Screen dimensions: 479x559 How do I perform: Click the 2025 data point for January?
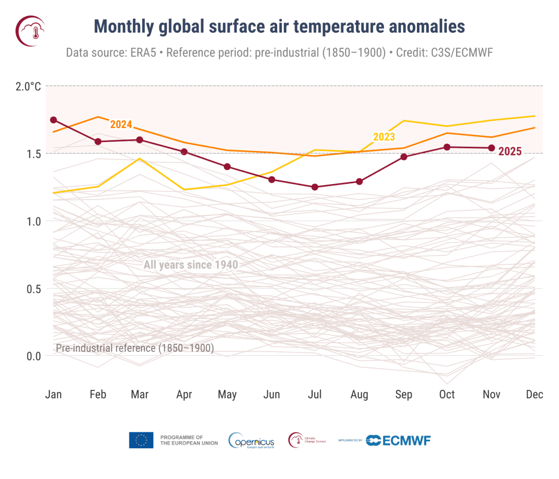pos(54,120)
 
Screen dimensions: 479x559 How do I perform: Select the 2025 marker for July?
pos(315,187)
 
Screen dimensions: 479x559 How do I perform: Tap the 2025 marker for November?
pos(491,148)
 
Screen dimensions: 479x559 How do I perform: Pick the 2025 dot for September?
pos(404,157)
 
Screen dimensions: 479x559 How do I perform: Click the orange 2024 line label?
pos(121,124)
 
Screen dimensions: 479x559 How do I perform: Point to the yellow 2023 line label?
pos(384,137)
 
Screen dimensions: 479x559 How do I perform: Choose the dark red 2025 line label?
pos(510,151)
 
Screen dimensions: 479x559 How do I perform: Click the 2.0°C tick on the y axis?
pos(28,86)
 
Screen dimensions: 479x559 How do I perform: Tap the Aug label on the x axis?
pos(359,395)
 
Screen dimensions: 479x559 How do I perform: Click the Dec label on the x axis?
pos(534,395)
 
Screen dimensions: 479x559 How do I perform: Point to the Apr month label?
pos(184,395)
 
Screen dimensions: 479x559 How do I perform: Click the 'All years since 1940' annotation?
pos(191,265)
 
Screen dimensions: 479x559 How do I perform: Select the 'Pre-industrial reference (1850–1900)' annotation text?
pos(135,348)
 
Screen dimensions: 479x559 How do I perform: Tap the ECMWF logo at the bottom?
pos(398,440)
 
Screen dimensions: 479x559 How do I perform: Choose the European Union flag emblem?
pos(141,440)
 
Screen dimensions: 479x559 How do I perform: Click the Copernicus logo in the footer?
pos(252,441)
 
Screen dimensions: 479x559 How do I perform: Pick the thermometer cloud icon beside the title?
pos(31,31)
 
